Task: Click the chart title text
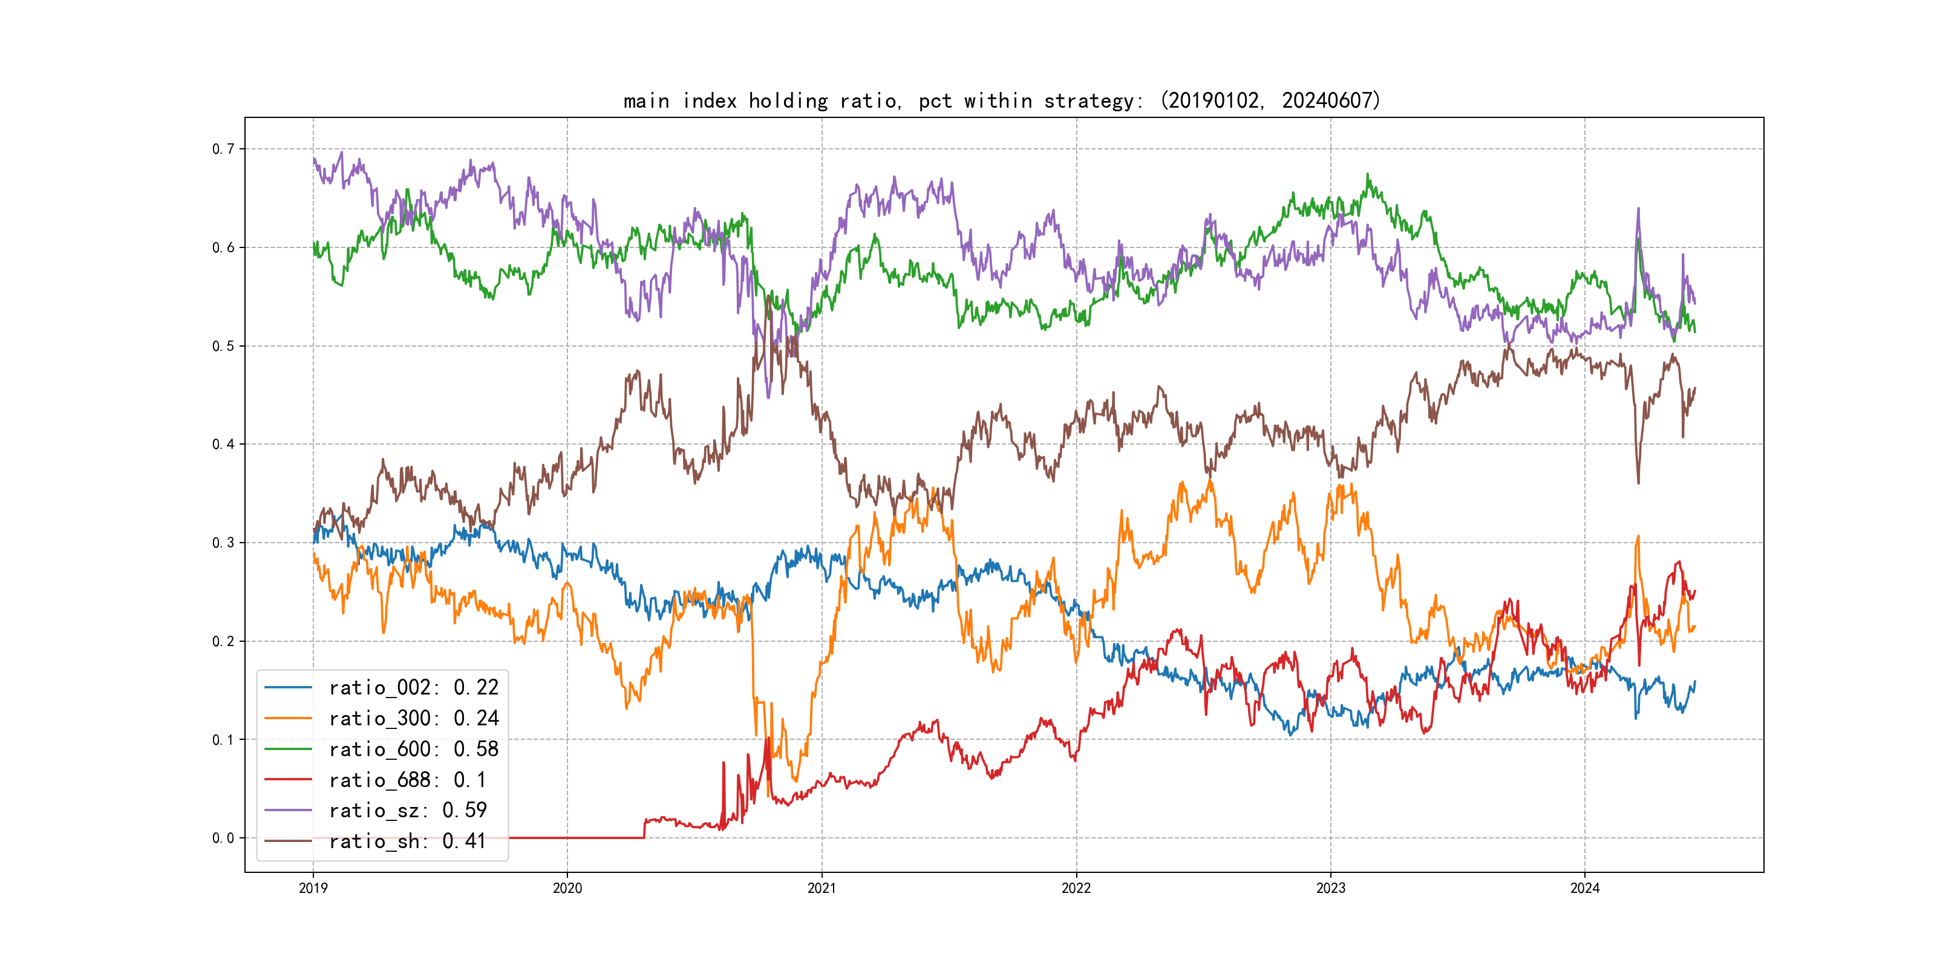coord(1001,100)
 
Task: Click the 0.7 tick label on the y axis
coord(223,149)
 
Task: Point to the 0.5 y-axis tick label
coord(223,346)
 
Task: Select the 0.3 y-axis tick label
coord(223,543)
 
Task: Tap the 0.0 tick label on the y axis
coord(223,838)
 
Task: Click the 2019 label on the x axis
coord(313,888)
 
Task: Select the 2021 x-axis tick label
coord(822,888)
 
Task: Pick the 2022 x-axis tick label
coord(1076,888)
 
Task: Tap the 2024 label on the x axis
coord(1585,888)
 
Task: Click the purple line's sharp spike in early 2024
coord(1638,209)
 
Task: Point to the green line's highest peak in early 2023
coord(1367,175)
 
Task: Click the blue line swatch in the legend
coord(289,688)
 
